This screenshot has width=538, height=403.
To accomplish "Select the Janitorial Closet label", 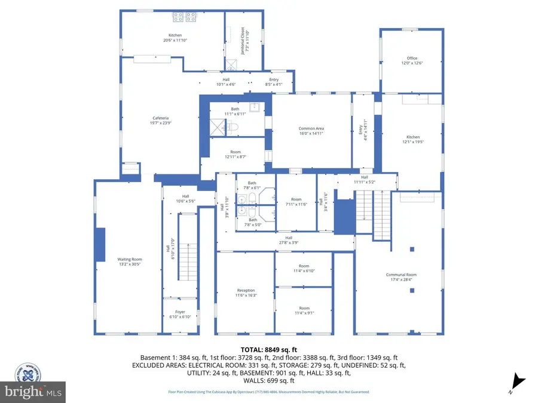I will pos(243,41).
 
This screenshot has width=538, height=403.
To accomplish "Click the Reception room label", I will pos(245,291).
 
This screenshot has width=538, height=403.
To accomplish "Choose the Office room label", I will pos(412,58).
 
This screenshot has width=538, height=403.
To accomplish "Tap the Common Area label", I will pos(311,128).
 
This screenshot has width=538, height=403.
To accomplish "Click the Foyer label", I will pos(180,312).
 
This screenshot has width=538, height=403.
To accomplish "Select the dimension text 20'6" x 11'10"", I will pos(175,41).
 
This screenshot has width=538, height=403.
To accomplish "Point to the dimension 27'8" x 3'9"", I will pos(288,242).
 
